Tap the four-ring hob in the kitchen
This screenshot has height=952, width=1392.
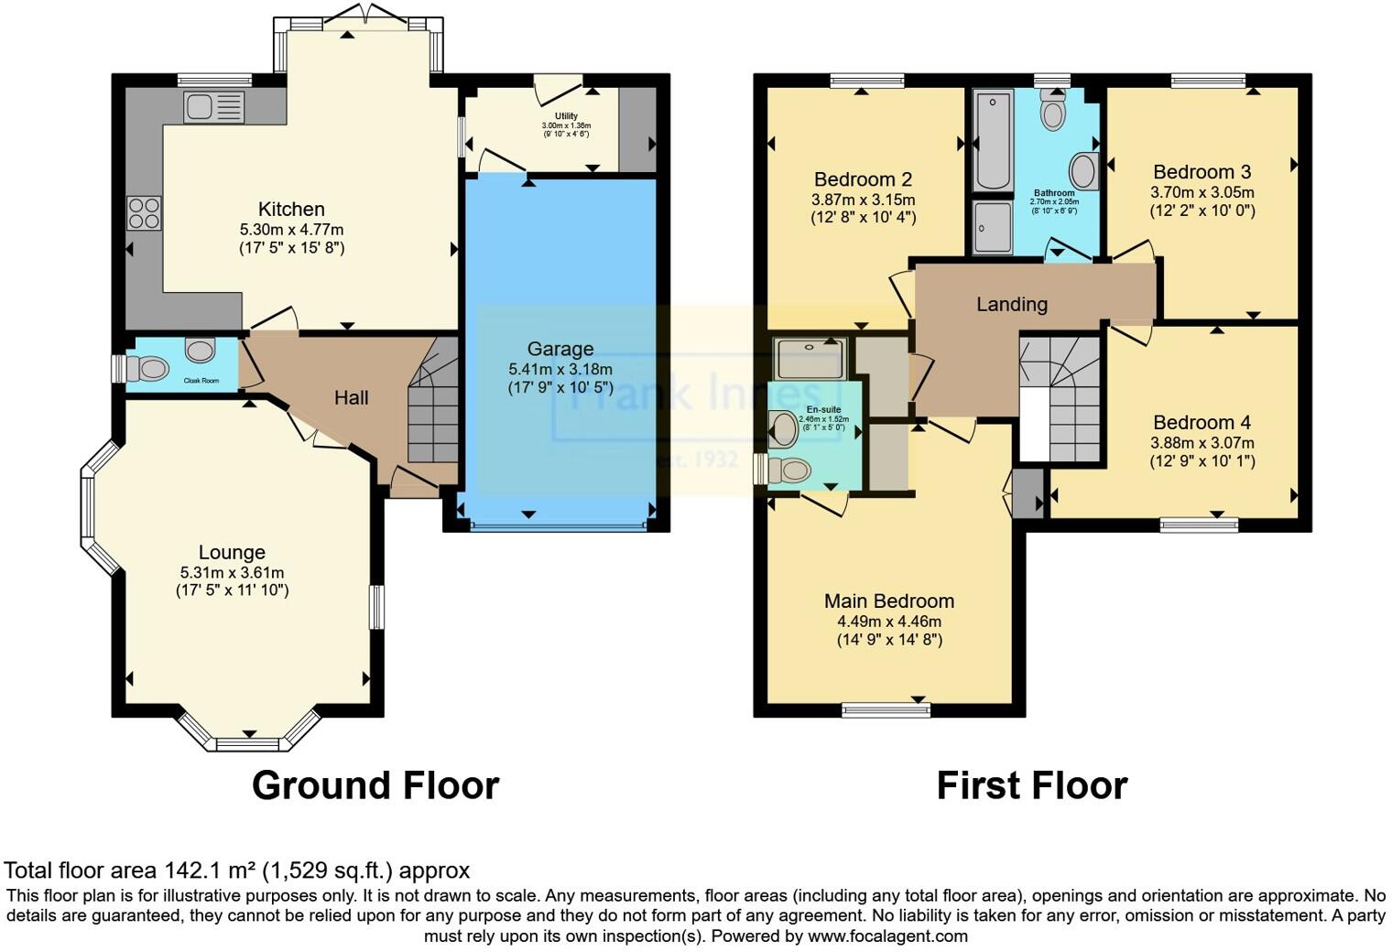145,213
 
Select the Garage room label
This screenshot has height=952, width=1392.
560,349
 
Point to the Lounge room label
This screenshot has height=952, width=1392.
232,552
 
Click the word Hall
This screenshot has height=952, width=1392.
351,397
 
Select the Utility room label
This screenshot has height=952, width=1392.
566,116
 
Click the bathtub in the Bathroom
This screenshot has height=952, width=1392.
993,139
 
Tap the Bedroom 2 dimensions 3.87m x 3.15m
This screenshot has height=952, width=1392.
863,200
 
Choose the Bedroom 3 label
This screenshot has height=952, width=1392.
1202,172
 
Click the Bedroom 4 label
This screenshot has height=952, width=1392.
1202,422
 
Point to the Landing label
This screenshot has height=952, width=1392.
1011,304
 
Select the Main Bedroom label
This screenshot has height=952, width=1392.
888,600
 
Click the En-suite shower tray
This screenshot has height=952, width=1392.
810,359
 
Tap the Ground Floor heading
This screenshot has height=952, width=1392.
375,785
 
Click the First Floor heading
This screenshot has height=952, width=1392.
1031,785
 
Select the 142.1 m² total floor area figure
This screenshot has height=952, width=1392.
211,870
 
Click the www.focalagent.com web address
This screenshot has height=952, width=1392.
887,936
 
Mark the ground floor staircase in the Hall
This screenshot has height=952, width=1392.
432,412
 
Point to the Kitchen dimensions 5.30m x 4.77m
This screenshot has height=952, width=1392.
291,230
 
